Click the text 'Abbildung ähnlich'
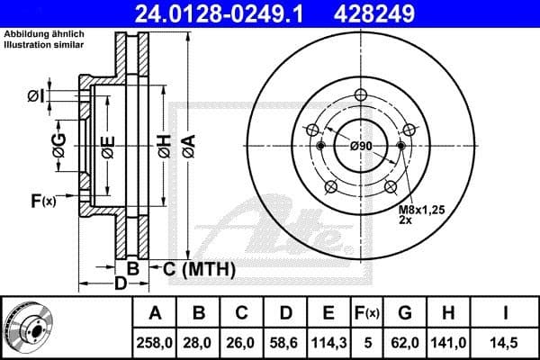45,33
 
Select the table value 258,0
155,341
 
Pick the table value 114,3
328,341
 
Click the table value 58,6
285,341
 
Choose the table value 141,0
448,341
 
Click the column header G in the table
405,313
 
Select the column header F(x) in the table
366,313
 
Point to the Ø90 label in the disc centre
361,146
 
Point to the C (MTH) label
199,268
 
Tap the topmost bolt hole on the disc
361,97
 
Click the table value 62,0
405,341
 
